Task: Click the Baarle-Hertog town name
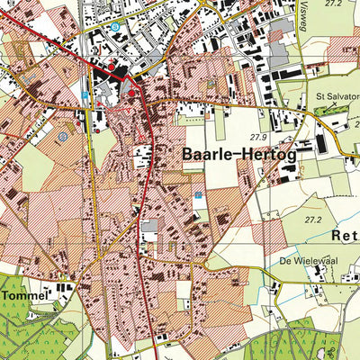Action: [239, 154]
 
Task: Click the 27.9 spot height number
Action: [260, 136]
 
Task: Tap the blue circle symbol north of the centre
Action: [115, 27]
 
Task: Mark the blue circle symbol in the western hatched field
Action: [62, 136]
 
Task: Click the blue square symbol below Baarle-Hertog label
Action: [198, 193]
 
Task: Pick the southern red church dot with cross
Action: [131, 93]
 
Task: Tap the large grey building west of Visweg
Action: [285, 72]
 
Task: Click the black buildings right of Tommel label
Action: [61, 291]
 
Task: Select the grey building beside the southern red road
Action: [149, 226]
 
